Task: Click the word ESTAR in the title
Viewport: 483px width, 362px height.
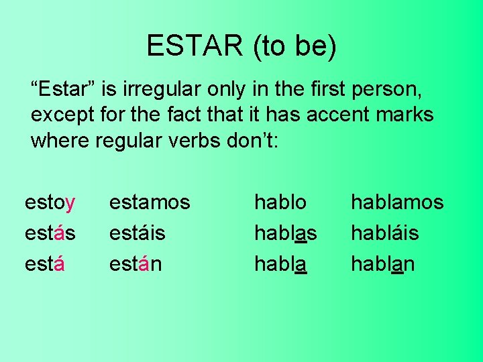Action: (x=195, y=46)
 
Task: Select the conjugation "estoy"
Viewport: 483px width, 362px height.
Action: (x=50, y=202)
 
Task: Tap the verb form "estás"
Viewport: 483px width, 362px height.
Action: (x=50, y=233)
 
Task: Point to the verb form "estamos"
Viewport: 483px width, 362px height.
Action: (x=150, y=202)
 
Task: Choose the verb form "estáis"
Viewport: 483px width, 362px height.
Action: (x=138, y=233)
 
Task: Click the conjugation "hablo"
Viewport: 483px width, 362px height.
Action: (x=280, y=202)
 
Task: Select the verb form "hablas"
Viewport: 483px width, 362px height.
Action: (x=285, y=233)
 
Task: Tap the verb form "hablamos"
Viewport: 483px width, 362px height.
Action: (x=397, y=202)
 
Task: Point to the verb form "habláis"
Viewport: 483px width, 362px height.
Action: (x=385, y=233)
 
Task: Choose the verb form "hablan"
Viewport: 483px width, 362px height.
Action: (x=383, y=264)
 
